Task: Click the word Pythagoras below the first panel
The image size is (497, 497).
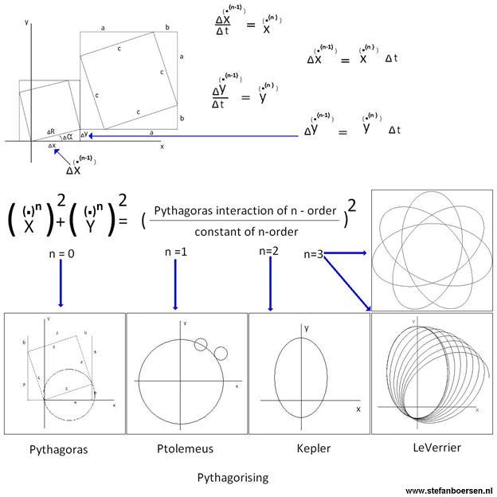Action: point(58,449)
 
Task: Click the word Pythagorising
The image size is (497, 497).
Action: point(233,478)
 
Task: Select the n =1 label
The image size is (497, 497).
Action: point(177,252)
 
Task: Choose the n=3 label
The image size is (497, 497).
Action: point(314,254)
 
